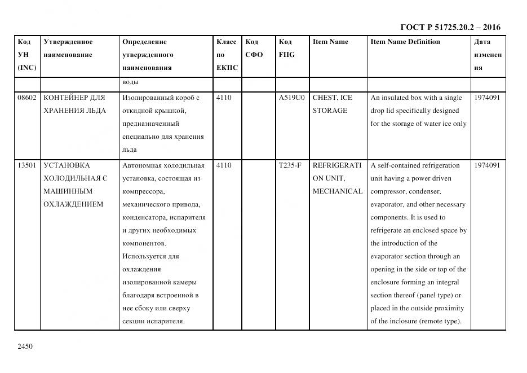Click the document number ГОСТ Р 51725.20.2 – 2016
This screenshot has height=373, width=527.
[x=450, y=27]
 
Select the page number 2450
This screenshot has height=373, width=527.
[x=26, y=346]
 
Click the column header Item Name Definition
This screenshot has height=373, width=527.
[x=405, y=42]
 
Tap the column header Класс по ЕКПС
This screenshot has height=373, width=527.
[x=227, y=55]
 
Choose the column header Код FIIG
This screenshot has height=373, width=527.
[x=286, y=49]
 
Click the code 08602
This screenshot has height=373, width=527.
[x=27, y=98]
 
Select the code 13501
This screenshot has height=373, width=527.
[x=27, y=165]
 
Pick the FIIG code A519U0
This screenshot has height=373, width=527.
[x=291, y=98]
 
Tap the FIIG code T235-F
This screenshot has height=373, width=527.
[x=290, y=165]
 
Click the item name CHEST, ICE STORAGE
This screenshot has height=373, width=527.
[x=332, y=104]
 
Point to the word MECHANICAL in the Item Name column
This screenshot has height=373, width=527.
[x=337, y=191]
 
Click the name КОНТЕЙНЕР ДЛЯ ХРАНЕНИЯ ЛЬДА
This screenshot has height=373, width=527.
[x=74, y=104]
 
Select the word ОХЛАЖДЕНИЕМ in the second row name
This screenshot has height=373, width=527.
[x=73, y=204]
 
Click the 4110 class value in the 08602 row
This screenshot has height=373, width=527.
[x=224, y=98]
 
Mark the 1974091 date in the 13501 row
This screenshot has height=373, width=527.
[x=487, y=165]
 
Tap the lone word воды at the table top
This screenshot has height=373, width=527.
[x=130, y=83]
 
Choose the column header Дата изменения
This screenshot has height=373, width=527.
[x=487, y=55]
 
